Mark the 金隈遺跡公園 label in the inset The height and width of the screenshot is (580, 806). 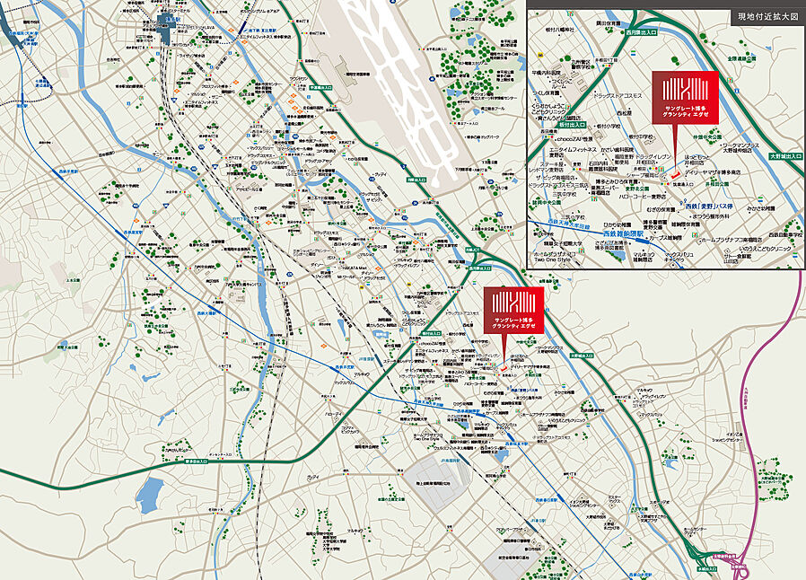coord(745,58)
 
